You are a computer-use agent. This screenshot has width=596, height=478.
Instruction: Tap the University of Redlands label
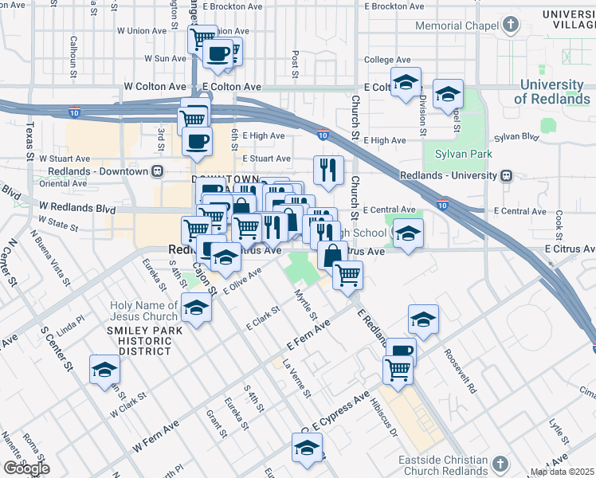pyautogui.click(x=551, y=92)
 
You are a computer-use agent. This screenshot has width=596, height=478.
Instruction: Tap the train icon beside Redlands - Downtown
pyautogui.click(x=158, y=171)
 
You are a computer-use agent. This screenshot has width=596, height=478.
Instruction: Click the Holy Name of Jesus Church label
pyautogui.click(x=144, y=311)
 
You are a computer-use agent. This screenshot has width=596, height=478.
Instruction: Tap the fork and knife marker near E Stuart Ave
pyautogui.click(x=327, y=169)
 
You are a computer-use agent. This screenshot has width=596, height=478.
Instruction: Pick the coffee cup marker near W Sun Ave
pyautogui.click(x=218, y=53)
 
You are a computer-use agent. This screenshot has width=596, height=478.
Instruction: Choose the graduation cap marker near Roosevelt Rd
pyautogui.click(x=423, y=319)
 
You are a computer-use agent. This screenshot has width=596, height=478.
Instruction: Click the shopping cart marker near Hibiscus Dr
pyautogui.click(x=397, y=369)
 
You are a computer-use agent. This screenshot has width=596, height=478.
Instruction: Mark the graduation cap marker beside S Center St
pyautogui.click(x=104, y=370)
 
